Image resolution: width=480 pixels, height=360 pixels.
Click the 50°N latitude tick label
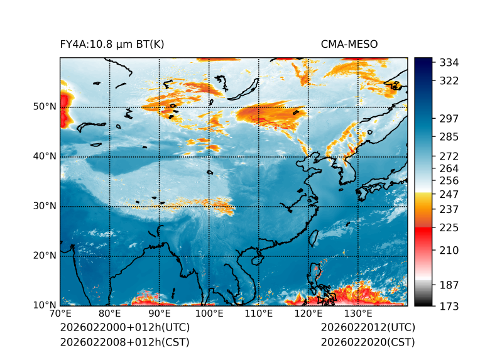point(45,107)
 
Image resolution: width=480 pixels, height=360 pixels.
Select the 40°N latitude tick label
point(45,156)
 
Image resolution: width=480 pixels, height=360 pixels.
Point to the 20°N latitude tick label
point(45,256)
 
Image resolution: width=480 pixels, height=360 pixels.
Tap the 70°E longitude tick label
point(60,314)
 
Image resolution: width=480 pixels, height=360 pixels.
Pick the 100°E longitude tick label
point(209,314)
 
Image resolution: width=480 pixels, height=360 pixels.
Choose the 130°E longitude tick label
point(357,314)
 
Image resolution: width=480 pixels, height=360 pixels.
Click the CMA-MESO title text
point(349,45)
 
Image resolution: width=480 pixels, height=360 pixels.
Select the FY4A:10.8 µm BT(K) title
point(112,45)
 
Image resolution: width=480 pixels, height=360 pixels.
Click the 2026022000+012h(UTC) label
point(124,327)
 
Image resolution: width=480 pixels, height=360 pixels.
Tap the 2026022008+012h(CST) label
point(124,342)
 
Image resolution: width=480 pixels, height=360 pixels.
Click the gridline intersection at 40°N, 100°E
point(209,156)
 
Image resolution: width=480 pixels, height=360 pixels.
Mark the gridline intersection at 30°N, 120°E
point(308,206)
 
